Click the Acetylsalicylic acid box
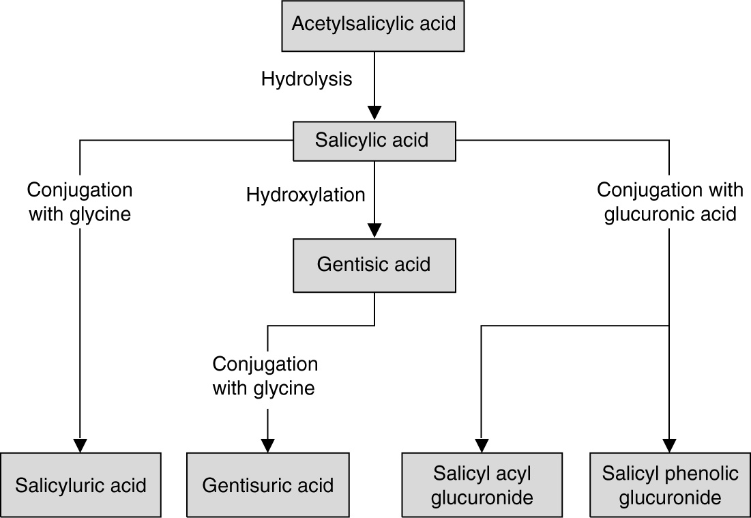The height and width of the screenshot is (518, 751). coord(374,27)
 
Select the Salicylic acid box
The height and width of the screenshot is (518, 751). coord(374,141)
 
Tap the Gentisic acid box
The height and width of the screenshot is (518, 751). coord(374,265)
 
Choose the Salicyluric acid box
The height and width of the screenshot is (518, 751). coord(80,485)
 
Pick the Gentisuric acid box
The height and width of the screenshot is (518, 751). coord(267,485)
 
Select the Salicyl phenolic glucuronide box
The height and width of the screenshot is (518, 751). coord(669,485)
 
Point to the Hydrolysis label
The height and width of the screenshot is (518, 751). coord(306,79)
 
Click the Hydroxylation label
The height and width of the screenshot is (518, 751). coord(306,196)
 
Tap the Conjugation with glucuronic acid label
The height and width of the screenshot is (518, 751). coord(667,202)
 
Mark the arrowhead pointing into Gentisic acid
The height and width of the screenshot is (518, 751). coord(374,230)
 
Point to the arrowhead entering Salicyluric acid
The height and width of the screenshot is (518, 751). coord(80,444)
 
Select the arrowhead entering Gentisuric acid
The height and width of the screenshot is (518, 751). coord(267,444)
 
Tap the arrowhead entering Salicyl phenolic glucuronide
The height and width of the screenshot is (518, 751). coord(669,444)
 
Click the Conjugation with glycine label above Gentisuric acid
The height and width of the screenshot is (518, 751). coord(265,376)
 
